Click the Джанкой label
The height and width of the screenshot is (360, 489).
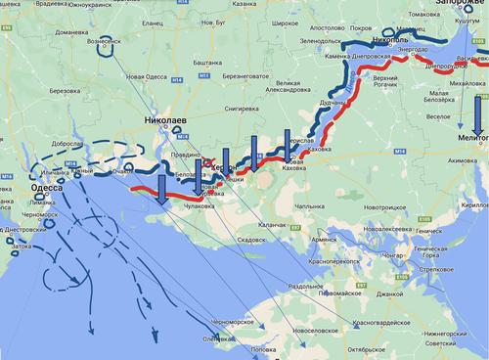click(388, 293)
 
